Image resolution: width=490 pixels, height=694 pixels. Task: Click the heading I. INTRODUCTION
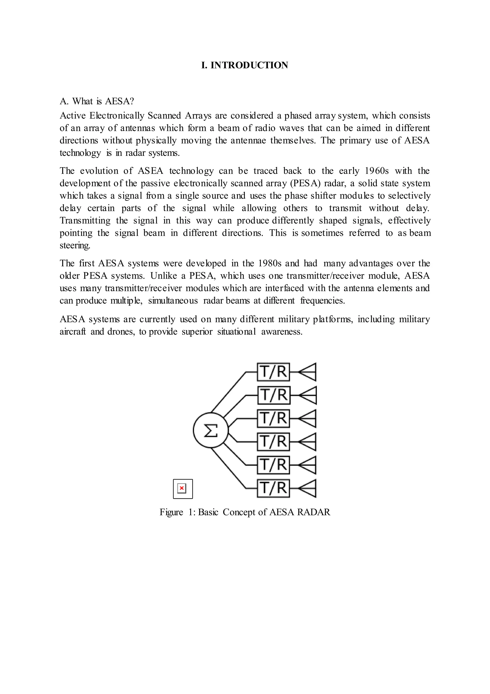click(245, 65)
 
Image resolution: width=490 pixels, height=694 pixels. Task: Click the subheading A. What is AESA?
click(97, 101)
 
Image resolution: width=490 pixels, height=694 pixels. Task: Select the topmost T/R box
click(273, 372)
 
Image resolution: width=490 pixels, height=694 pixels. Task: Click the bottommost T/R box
click(273, 488)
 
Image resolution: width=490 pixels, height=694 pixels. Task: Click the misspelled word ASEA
click(150, 171)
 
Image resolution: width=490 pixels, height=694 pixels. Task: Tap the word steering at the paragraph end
click(75, 245)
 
